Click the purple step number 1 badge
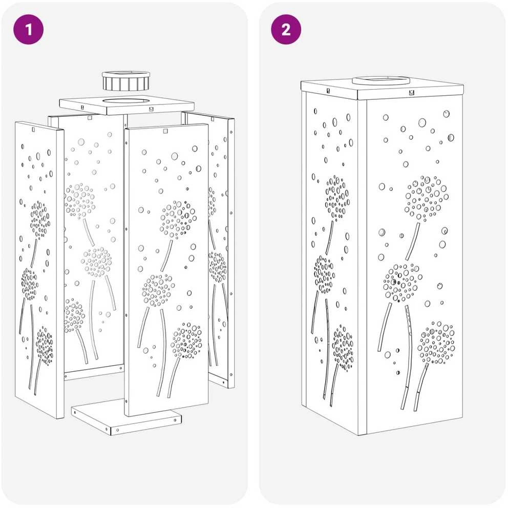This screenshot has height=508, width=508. [29, 30]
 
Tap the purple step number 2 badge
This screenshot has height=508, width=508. [286, 30]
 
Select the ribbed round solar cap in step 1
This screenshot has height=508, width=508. [126, 81]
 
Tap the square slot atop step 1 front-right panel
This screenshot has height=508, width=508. [165, 131]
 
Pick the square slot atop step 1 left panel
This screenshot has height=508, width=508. [33, 129]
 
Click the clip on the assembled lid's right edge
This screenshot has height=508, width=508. [411, 92]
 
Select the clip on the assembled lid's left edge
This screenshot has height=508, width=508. [328, 91]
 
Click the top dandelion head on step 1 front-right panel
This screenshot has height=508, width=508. [178, 220]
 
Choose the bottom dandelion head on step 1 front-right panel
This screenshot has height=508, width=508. [186, 340]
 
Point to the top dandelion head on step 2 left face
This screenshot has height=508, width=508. [337, 198]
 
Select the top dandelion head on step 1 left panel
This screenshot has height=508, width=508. [40, 220]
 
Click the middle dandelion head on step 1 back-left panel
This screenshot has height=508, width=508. [96, 262]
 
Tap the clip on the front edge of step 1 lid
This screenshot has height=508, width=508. [151, 109]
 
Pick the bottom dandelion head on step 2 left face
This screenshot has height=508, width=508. [343, 348]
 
